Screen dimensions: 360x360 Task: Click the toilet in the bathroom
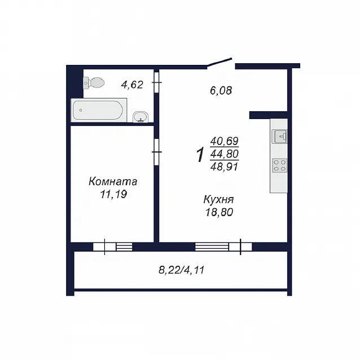[94, 82]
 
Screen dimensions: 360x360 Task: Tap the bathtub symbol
[99, 110]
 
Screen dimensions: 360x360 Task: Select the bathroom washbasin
[141, 117]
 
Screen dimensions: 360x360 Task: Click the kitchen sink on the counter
[279, 137]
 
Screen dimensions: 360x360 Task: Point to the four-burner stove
[280, 165]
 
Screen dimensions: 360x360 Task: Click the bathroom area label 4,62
[132, 85]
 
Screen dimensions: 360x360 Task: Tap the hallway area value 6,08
[221, 90]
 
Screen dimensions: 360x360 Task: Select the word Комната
[113, 182]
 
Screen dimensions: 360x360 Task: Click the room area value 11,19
[113, 195]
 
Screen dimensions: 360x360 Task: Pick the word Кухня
[218, 200]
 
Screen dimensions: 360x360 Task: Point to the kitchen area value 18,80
[219, 212]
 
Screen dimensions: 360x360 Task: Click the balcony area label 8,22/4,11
[181, 270]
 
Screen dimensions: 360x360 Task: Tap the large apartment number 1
[200, 155]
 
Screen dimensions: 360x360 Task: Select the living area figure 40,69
[225, 141]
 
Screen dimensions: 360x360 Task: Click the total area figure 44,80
[225, 154]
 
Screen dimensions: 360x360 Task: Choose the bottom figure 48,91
[225, 166]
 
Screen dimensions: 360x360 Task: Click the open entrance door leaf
[219, 62]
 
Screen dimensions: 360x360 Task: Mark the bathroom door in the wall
[156, 82]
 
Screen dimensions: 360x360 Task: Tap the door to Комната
[156, 152]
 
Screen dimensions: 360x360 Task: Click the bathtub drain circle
[81, 110]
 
